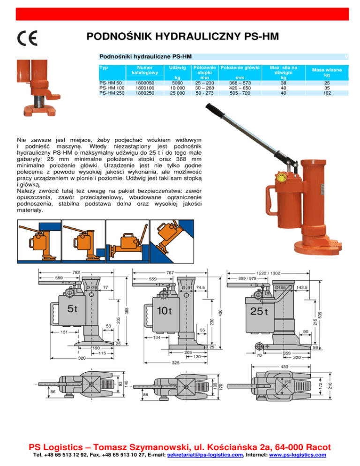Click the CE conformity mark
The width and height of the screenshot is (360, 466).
click(27, 38)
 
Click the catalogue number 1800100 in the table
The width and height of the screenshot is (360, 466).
click(145, 88)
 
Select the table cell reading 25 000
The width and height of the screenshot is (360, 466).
click(178, 93)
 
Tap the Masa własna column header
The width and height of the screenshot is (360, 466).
click(327, 72)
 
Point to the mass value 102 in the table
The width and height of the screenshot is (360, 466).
click(327, 93)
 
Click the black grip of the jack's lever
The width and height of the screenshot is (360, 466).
click(215, 110)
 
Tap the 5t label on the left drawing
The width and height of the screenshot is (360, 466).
click(72, 309)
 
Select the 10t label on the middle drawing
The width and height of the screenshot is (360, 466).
click(164, 310)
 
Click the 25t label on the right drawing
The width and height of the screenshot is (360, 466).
click(259, 311)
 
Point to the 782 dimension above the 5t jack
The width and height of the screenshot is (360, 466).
click(76, 272)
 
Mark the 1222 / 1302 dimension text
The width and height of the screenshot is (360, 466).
click(268, 273)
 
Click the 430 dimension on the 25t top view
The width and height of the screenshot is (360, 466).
click(285, 367)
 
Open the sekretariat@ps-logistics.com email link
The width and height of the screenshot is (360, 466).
click(205, 455)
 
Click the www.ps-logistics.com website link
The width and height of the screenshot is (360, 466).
click(298, 455)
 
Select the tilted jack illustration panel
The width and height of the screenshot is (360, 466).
click(172, 241)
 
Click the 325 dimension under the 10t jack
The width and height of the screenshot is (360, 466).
click(176, 362)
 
